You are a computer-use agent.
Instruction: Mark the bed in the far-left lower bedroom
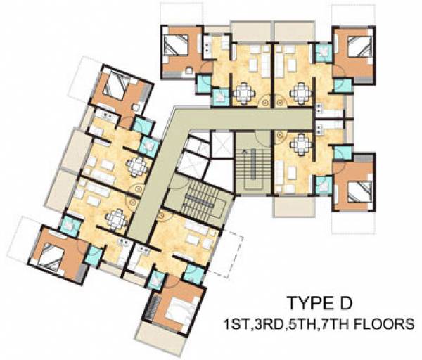pos(49,252)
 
